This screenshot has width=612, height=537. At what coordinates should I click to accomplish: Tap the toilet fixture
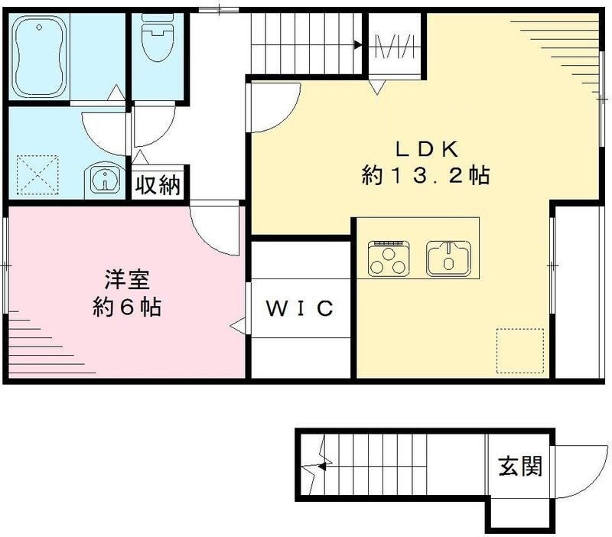click(x=158, y=38)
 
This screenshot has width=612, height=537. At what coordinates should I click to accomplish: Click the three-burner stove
click(x=390, y=258)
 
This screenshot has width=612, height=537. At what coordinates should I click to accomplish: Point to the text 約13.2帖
click(x=426, y=176)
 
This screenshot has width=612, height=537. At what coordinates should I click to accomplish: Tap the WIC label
click(x=300, y=308)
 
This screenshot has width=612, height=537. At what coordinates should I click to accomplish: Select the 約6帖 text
click(x=127, y=308)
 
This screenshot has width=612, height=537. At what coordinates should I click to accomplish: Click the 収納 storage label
click(x=158, y=185)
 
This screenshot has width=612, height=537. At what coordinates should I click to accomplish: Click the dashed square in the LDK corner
click(x=520, y=351)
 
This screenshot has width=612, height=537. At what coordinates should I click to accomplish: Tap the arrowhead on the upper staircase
click(x=357, y=45)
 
